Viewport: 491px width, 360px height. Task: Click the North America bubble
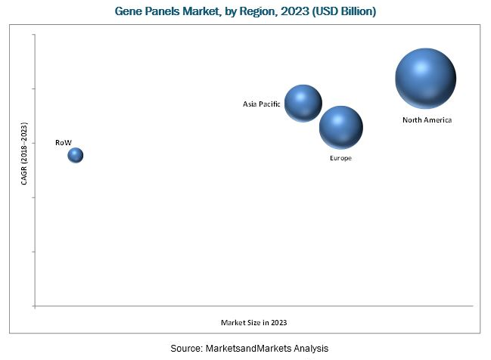point(425,78)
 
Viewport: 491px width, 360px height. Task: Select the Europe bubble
point(340,128)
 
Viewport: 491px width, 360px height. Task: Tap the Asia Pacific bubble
point(303,104)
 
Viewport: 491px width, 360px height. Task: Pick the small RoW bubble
point(75,155)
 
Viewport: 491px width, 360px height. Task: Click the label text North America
point(426,120)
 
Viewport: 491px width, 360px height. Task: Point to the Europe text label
point(340,158)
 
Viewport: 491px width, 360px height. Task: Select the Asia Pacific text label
point(262,104)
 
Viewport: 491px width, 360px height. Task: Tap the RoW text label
point(63,141)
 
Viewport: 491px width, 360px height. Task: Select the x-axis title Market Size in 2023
point(253,322)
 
